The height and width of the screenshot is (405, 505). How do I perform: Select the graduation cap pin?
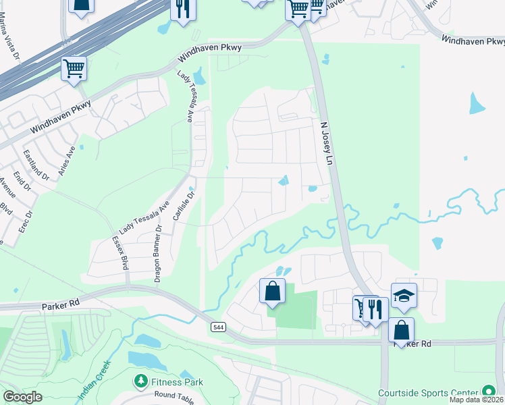(404, 296)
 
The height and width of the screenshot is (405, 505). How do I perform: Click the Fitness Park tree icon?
(141, 382)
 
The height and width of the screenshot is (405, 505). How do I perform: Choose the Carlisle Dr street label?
(179, 205)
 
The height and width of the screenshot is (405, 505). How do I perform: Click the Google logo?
(22, 397)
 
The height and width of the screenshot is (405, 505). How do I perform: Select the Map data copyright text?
(477, 400)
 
